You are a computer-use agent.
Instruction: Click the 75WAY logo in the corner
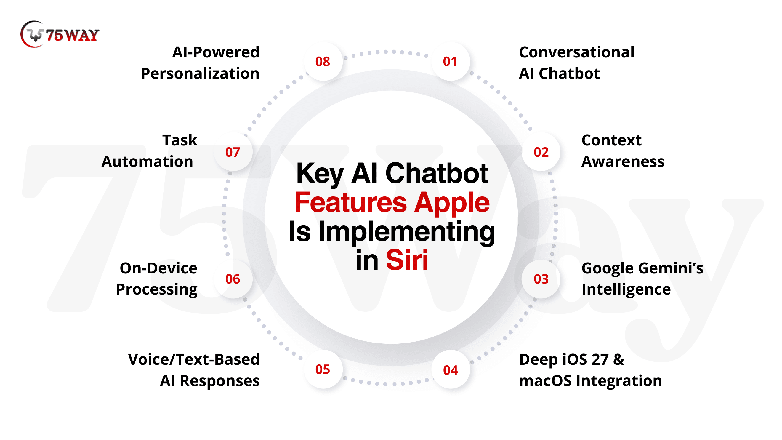(x=60, y=34)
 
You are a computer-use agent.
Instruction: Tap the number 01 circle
(x=451, y=62)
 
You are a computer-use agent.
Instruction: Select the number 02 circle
(x=541, y=152)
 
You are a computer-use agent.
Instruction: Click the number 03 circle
(x=541, y=279)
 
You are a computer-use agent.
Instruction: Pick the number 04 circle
(x=451, y=369)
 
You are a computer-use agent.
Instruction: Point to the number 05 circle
(x=323, y=369)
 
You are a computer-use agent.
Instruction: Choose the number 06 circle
(x=233, y=279)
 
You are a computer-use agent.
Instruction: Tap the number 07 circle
(x=233, y=152)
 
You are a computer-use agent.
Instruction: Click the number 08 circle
(x=323, y=62)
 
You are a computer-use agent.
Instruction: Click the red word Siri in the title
(x=407, y=260)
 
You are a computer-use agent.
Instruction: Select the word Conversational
(x=576, y=52)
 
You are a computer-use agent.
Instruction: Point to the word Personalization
(x=200, y=74)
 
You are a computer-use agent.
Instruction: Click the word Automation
(x=147, y=161)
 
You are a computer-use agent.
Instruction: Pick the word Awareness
(x=623, y=161)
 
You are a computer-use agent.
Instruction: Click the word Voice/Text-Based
(x=194, y=359)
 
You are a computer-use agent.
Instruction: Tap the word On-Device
(x=158, y=268)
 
